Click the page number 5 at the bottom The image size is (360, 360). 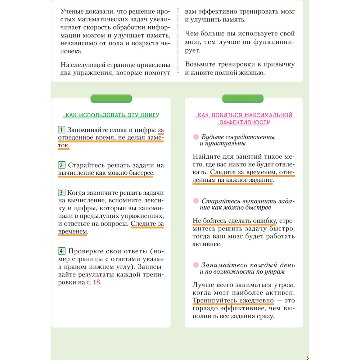[307, 357]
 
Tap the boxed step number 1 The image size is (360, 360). [62, 130]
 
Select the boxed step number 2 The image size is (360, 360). [62, 165]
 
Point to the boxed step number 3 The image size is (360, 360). [62, 192]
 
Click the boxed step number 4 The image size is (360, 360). [62, 251]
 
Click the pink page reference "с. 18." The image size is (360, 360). [94, 283]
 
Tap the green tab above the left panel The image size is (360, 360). [111, 98]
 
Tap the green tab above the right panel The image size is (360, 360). [243, 98]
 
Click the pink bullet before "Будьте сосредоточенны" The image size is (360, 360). [196, 137]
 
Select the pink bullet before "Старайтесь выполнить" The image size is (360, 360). [196, 201]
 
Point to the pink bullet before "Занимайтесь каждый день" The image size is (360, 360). [196, 265]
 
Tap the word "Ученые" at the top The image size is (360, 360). [72, 11]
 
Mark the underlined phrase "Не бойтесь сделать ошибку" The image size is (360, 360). [234, 220]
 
